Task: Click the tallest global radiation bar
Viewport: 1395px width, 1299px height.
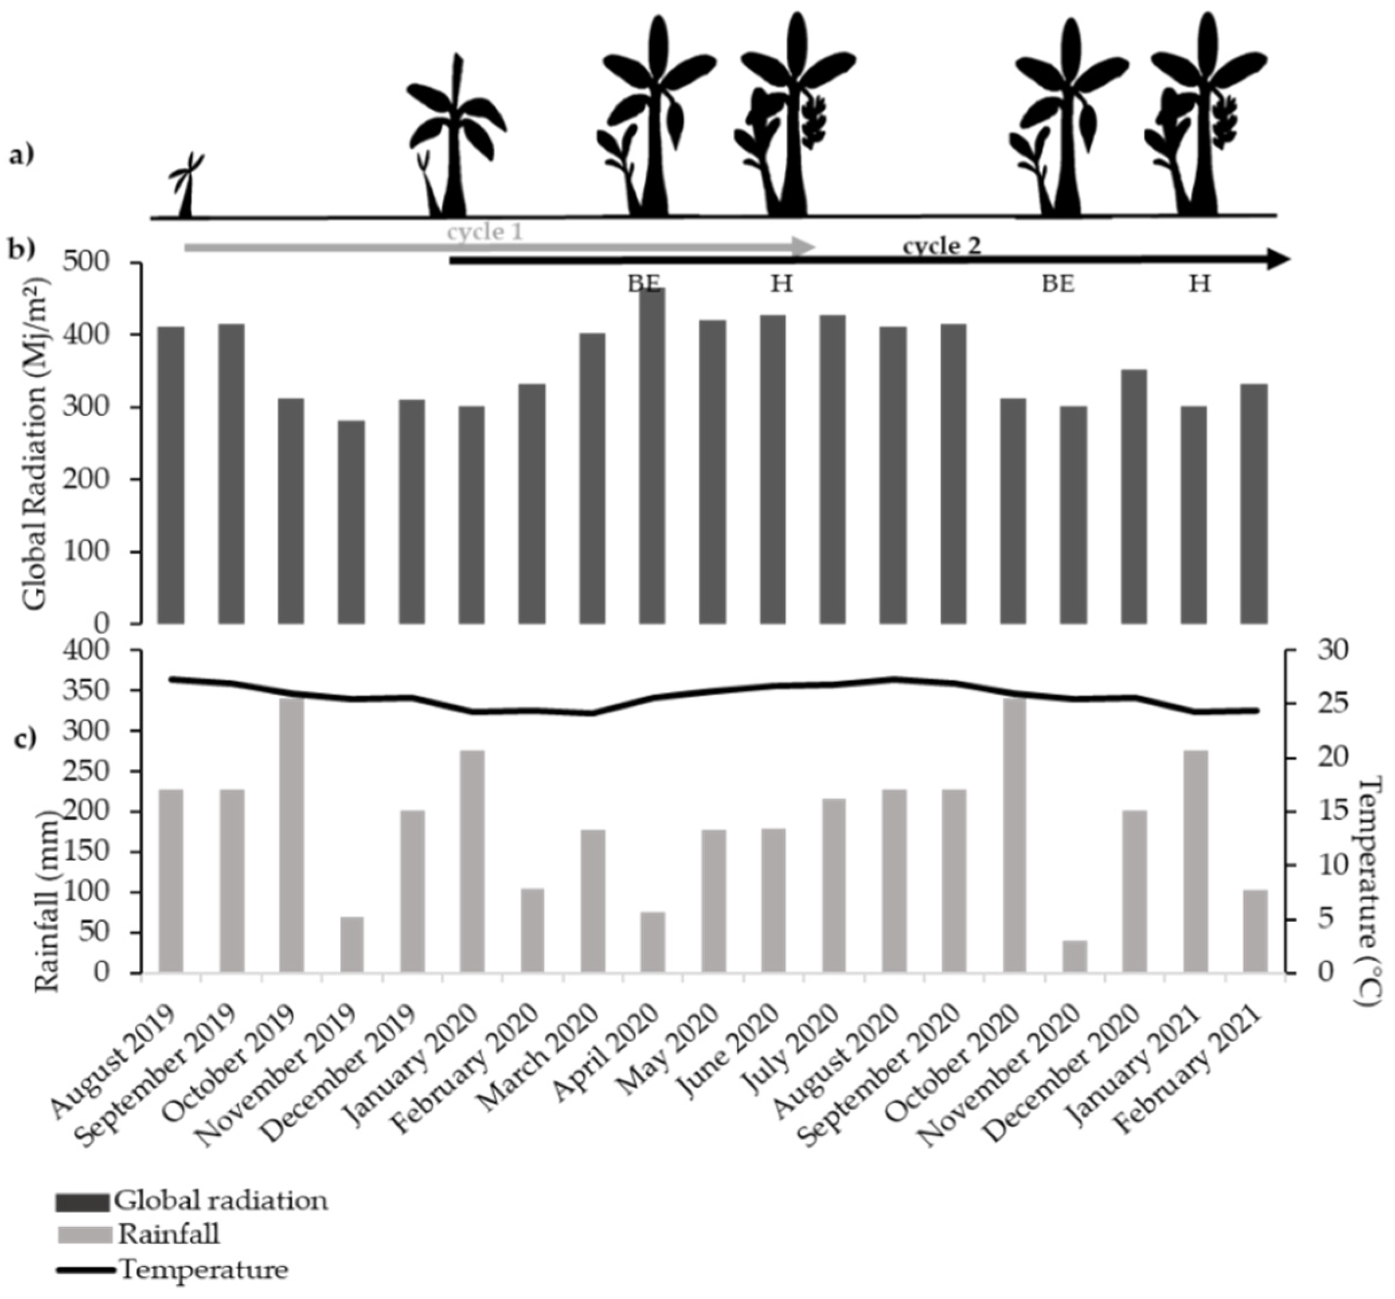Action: click(x=652, y=456)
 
